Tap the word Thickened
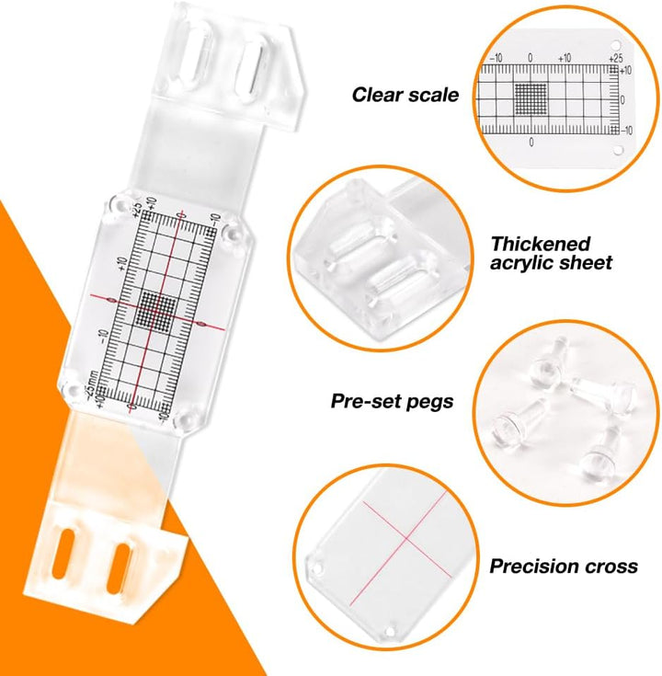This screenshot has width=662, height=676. coord(541,244)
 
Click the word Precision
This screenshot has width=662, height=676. coord(533,566)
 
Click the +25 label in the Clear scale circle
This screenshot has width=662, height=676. coord(615,57)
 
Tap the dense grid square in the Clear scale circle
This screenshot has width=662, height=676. coord(531,98)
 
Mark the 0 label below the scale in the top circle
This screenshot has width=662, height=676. coord(531,142)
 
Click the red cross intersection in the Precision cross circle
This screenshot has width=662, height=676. coord(406,538)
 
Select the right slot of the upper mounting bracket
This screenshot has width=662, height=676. coord(251,73)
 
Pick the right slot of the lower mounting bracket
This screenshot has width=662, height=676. coord(118,568)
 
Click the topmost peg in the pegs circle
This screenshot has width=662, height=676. coord(548,362)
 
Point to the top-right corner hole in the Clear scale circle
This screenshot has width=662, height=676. coord(616,45)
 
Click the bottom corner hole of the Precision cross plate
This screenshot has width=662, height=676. coord(389,632)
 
